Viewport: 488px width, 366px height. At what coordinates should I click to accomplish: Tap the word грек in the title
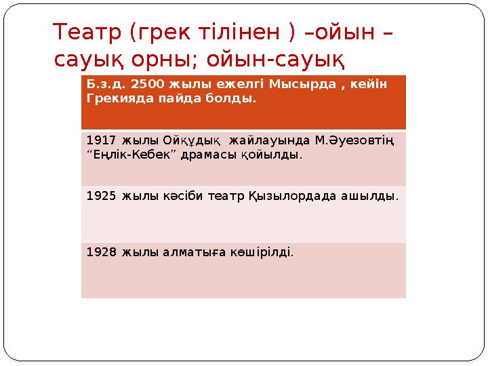[161, 32]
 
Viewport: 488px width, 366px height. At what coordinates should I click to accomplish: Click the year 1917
[101, 140]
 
